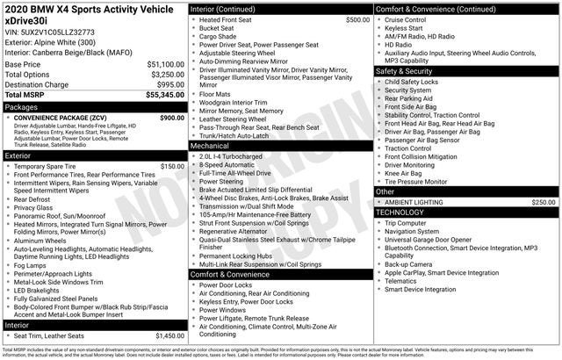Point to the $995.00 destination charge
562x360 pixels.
[x=168, y=83]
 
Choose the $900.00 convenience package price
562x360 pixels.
[x=171, y=118]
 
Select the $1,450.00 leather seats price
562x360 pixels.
[x=169, y=335]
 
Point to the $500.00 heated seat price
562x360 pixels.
[x=357, y=19]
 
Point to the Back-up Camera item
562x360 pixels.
[x=408, y=263]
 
